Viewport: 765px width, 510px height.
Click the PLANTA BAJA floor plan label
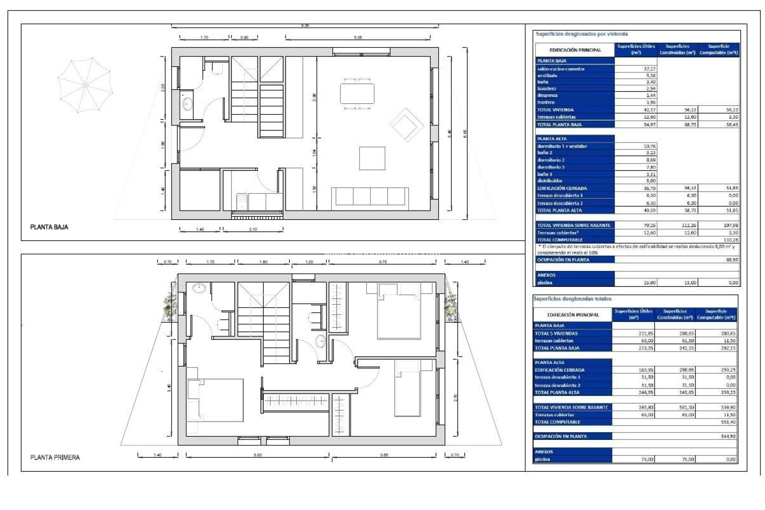[49, 227]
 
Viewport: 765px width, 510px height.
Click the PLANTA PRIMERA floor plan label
[55, 457]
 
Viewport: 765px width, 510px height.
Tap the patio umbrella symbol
[85, 85]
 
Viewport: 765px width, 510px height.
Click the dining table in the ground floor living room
[357, 93]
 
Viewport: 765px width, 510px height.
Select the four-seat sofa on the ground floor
[370, 196]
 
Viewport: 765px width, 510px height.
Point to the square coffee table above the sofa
[372, 158]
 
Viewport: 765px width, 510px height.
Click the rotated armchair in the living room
[406, 124]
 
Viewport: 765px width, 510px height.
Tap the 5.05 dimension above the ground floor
[358, 37]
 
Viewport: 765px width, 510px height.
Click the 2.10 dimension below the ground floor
[253, 229]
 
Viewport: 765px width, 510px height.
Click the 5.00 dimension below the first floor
[258, 455]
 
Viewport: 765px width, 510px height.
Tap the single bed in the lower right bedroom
[408, 388]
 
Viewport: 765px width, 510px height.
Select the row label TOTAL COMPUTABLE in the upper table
[560, 240]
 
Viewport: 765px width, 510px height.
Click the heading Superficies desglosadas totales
[572, 299]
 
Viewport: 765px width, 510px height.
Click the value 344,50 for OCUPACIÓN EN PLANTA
[728, 436]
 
